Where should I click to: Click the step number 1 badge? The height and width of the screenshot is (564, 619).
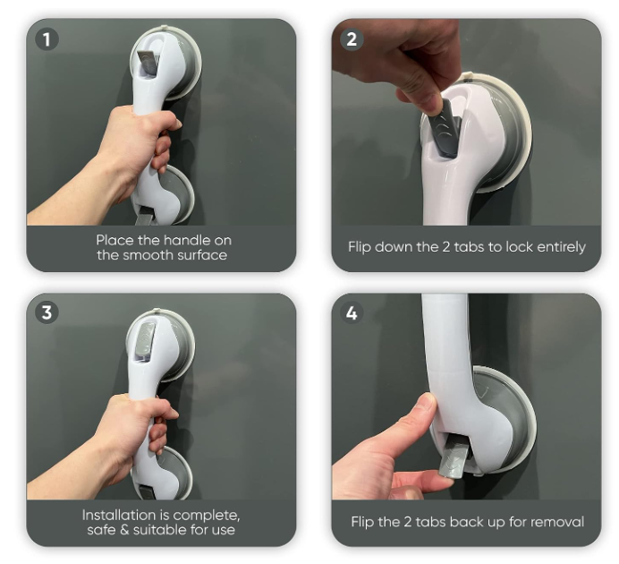pyautogui.click(x=47, y=38)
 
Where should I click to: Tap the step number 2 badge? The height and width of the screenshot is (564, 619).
pyautogui.click(x=352, y=38)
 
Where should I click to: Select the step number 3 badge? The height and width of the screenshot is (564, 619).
pyautogui.click(x=47, y=312)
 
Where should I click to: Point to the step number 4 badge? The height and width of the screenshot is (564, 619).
pyautogui.click(x=352, y=312)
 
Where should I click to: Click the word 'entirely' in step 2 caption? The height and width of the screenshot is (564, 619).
pyautogui.click(x=562, y=247)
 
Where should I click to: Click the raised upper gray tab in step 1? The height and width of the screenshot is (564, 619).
pyautogui.click(x=148, y=63)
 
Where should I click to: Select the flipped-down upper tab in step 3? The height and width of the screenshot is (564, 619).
pyautogui.click(x=145, y=338)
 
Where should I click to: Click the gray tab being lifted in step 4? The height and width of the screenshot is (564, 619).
pyautogui.click(x=454, y=460)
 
